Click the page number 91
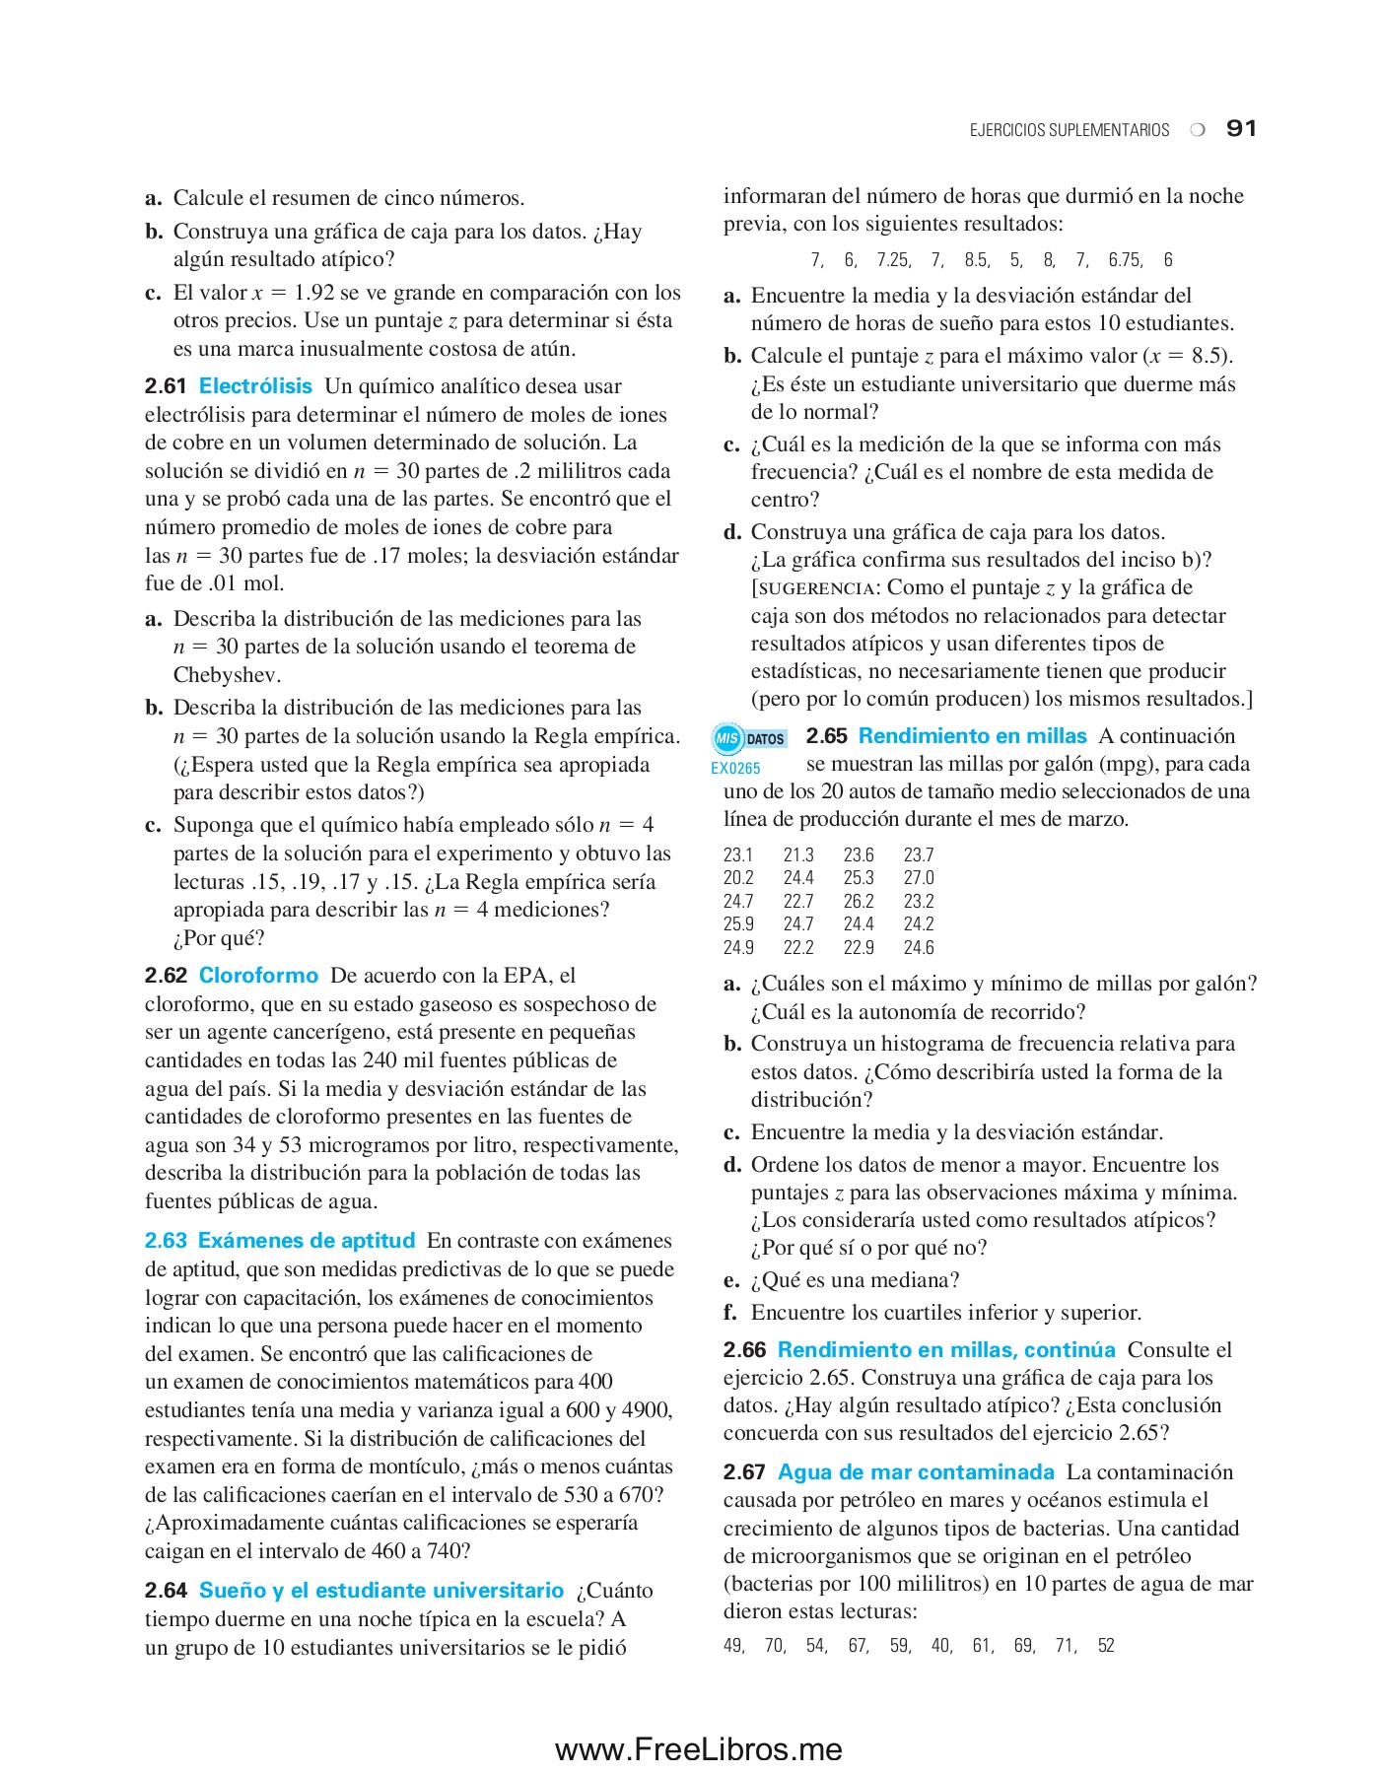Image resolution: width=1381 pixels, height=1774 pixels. click(1241, 129)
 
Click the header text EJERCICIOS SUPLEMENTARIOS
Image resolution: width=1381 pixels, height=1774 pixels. click(1069, 131)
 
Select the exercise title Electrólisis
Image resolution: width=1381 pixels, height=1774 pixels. click(255, 386)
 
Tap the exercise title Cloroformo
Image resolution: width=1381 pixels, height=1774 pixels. click(258, 976)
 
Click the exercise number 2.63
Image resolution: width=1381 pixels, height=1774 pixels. click(166, 1241)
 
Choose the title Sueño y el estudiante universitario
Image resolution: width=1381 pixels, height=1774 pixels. click(380, 1591)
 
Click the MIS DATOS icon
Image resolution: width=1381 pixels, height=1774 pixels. click(749, 738)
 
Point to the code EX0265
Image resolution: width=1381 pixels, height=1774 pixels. click(735, 769)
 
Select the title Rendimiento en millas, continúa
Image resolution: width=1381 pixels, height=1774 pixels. click(945, 1350)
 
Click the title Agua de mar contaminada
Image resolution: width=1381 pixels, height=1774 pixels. click(916, 1472)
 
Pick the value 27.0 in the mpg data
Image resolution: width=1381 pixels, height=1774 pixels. click(919, 878)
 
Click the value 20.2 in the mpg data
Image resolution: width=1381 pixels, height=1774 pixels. click(738, 878)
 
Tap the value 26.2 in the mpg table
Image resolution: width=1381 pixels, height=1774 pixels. click(859, 902)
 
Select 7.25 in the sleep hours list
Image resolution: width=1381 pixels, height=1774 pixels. click(893, 260)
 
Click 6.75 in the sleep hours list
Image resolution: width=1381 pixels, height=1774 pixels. click(1125, 260)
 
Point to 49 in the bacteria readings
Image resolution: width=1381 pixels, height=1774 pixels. click(733, 1646)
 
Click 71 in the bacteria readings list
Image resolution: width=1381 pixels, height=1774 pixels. click(1066, 1646)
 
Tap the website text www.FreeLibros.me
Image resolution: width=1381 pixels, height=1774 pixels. click(698, 1749)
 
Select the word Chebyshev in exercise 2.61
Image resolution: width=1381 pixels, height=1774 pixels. click(227, 675)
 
